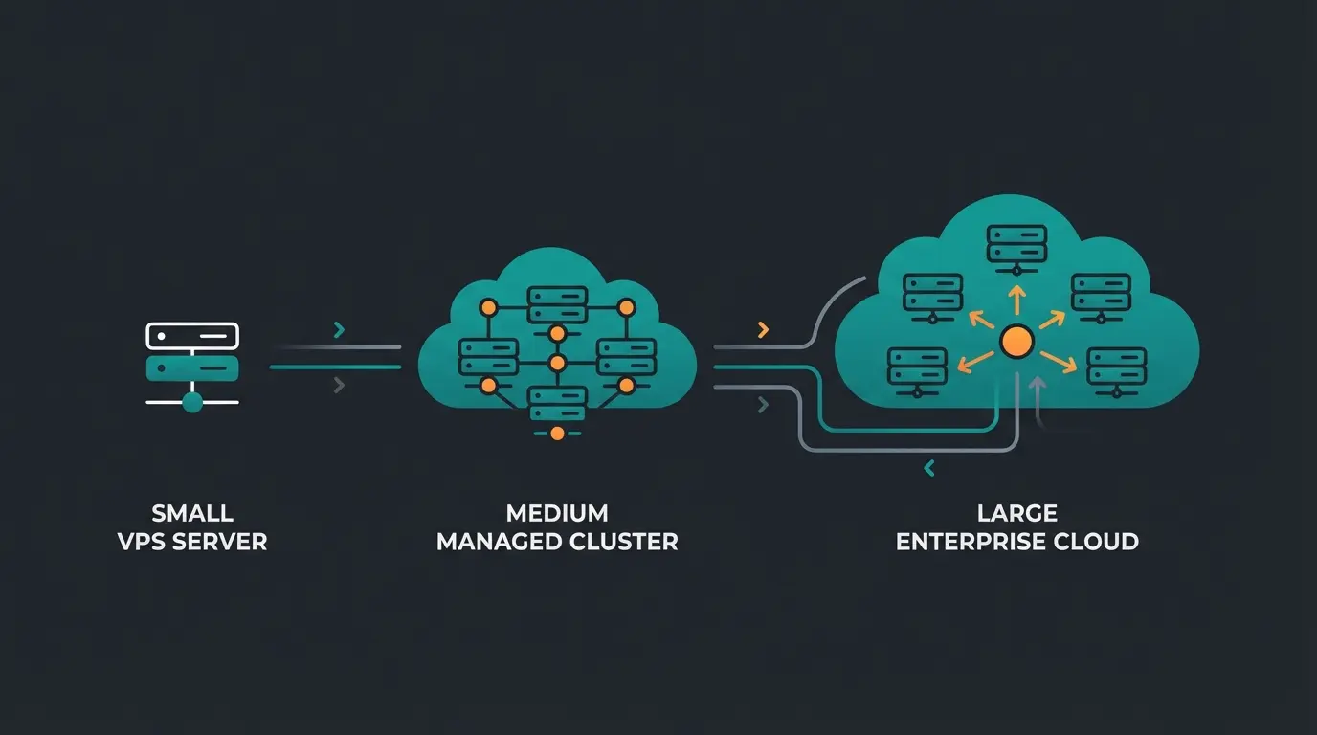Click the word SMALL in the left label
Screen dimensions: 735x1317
(192, 514)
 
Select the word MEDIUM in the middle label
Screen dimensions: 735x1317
(557, 514)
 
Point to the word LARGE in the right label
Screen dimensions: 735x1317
(1016, 514)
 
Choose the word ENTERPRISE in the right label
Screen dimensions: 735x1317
(968, 542)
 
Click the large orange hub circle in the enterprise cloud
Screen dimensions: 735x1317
(1016, 341)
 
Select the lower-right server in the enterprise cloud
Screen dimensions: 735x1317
(1117, 369)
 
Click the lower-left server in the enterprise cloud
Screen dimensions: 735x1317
(917, 369)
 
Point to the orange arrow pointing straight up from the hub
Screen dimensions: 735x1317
(1016, 299)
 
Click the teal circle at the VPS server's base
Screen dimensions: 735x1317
(192, 402)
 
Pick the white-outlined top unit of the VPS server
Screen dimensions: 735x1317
(192, 336)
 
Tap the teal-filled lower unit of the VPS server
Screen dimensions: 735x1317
(192, 368)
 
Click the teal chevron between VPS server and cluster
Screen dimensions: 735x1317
(339, 330)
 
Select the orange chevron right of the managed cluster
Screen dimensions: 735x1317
(763, 330)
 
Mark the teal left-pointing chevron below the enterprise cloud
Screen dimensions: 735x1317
(927, 468)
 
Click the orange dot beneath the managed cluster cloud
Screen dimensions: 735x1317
(557, 434)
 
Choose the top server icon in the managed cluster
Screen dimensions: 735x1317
(557, 305)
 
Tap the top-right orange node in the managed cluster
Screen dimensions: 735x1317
(627, 307)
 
